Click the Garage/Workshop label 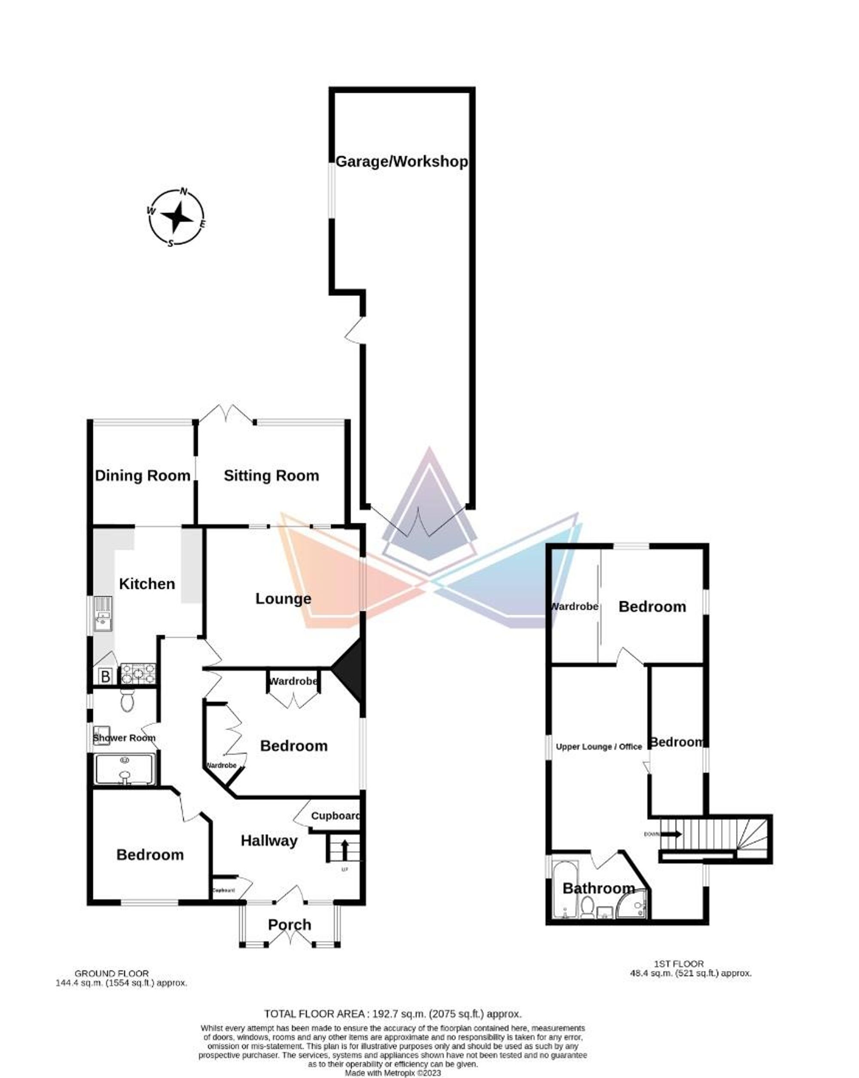pyautogui.click(x=401, y=161)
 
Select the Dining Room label pyautogui.click(x=143, y=475)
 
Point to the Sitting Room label pyautogui.click(x=271, y=475)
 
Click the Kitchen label pyautogui.click(x=147, y=584)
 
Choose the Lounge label pyautogui.click(x=283, y=599)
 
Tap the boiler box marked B pyautogui.click(x=105, y=676)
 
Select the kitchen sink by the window pyautogui.click(x=103, y=615)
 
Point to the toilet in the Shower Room pyautogui.click(x=127, y=700)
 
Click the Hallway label pyautogui.click(x=269, y=841)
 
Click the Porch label pyautogui.click(x=289, y=924)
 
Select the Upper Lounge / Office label pyautogui.click(x=599, y=747)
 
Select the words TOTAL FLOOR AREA pyautogui.click(x=314, y=1014)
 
